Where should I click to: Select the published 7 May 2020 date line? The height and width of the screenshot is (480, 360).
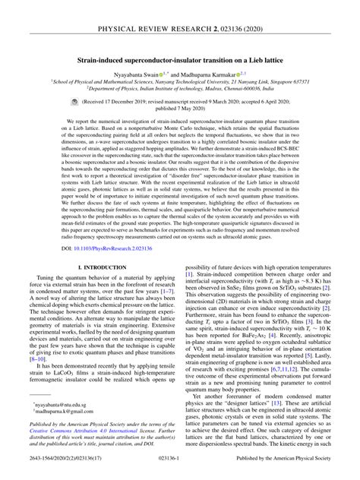click(x=180, y=108)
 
